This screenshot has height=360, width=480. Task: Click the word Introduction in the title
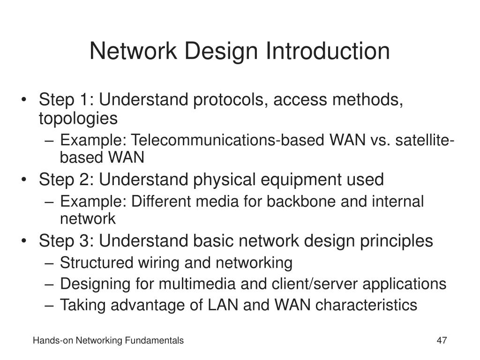pos(328,51)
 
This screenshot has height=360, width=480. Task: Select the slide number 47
pos(442,341)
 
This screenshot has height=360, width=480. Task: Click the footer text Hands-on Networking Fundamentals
pos(108,341)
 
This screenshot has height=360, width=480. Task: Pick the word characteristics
pos(366,305)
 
